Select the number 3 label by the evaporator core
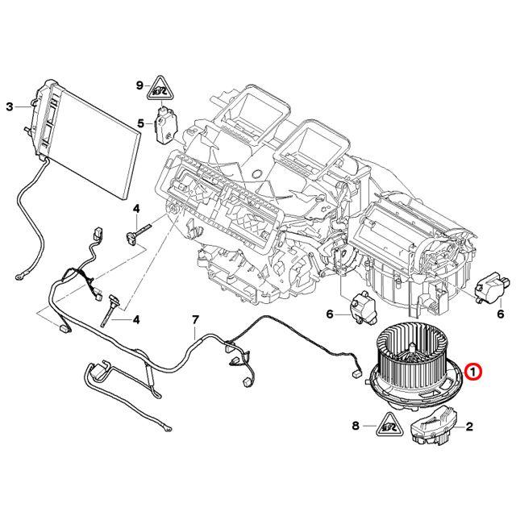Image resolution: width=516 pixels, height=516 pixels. point(10,106)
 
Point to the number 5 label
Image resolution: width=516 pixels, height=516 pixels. point(139,123)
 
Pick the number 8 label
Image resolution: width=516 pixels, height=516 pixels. point(356,424)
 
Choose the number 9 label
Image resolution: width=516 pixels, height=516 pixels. point(139,85)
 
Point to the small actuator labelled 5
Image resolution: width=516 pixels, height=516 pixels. point(167,122)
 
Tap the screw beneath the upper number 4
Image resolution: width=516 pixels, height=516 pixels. point(135,234)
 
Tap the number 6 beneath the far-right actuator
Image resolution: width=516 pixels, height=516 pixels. point(500,314)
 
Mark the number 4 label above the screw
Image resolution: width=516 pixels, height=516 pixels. point(136,209)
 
